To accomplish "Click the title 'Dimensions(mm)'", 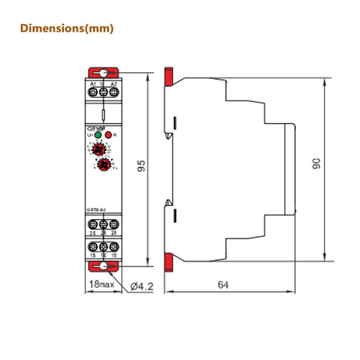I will [67, 28].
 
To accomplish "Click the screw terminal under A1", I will [93, 92].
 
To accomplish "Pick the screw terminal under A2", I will [114, 92].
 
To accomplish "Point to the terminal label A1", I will [93, 84].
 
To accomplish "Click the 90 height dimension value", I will [316, 164].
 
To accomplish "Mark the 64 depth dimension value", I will [223, 285].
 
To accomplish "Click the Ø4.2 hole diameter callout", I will [141, 287].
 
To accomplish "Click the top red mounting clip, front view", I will [103, 72].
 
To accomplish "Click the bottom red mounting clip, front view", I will [103, 266].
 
